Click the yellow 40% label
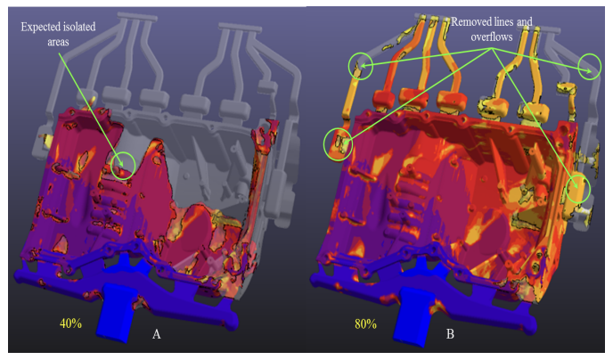point(70,323)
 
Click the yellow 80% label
point(365,324)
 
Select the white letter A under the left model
point(157,334)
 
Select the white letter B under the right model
point(450,334)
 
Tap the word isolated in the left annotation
point(76,27)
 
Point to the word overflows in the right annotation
point(492,37)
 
